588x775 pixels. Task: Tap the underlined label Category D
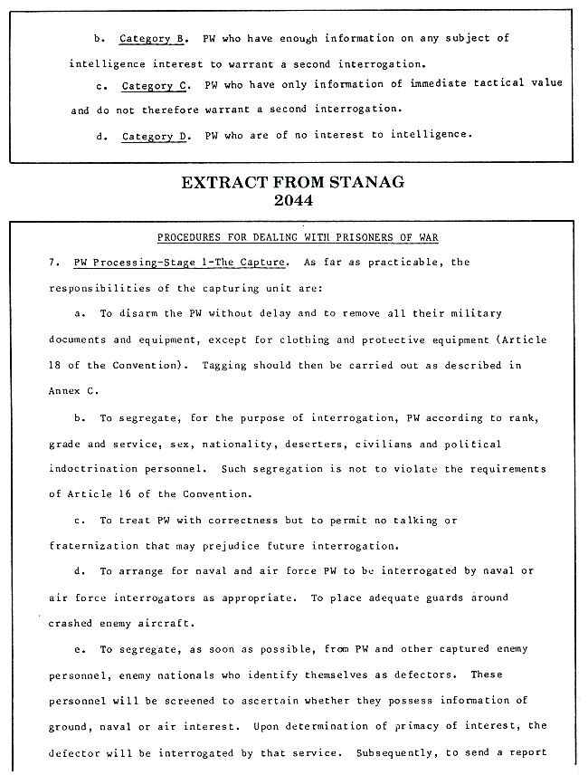point(153,136)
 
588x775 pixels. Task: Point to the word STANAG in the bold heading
point(358,183)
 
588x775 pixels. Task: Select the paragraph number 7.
point(52,263)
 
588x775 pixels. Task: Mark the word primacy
point(413,726)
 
